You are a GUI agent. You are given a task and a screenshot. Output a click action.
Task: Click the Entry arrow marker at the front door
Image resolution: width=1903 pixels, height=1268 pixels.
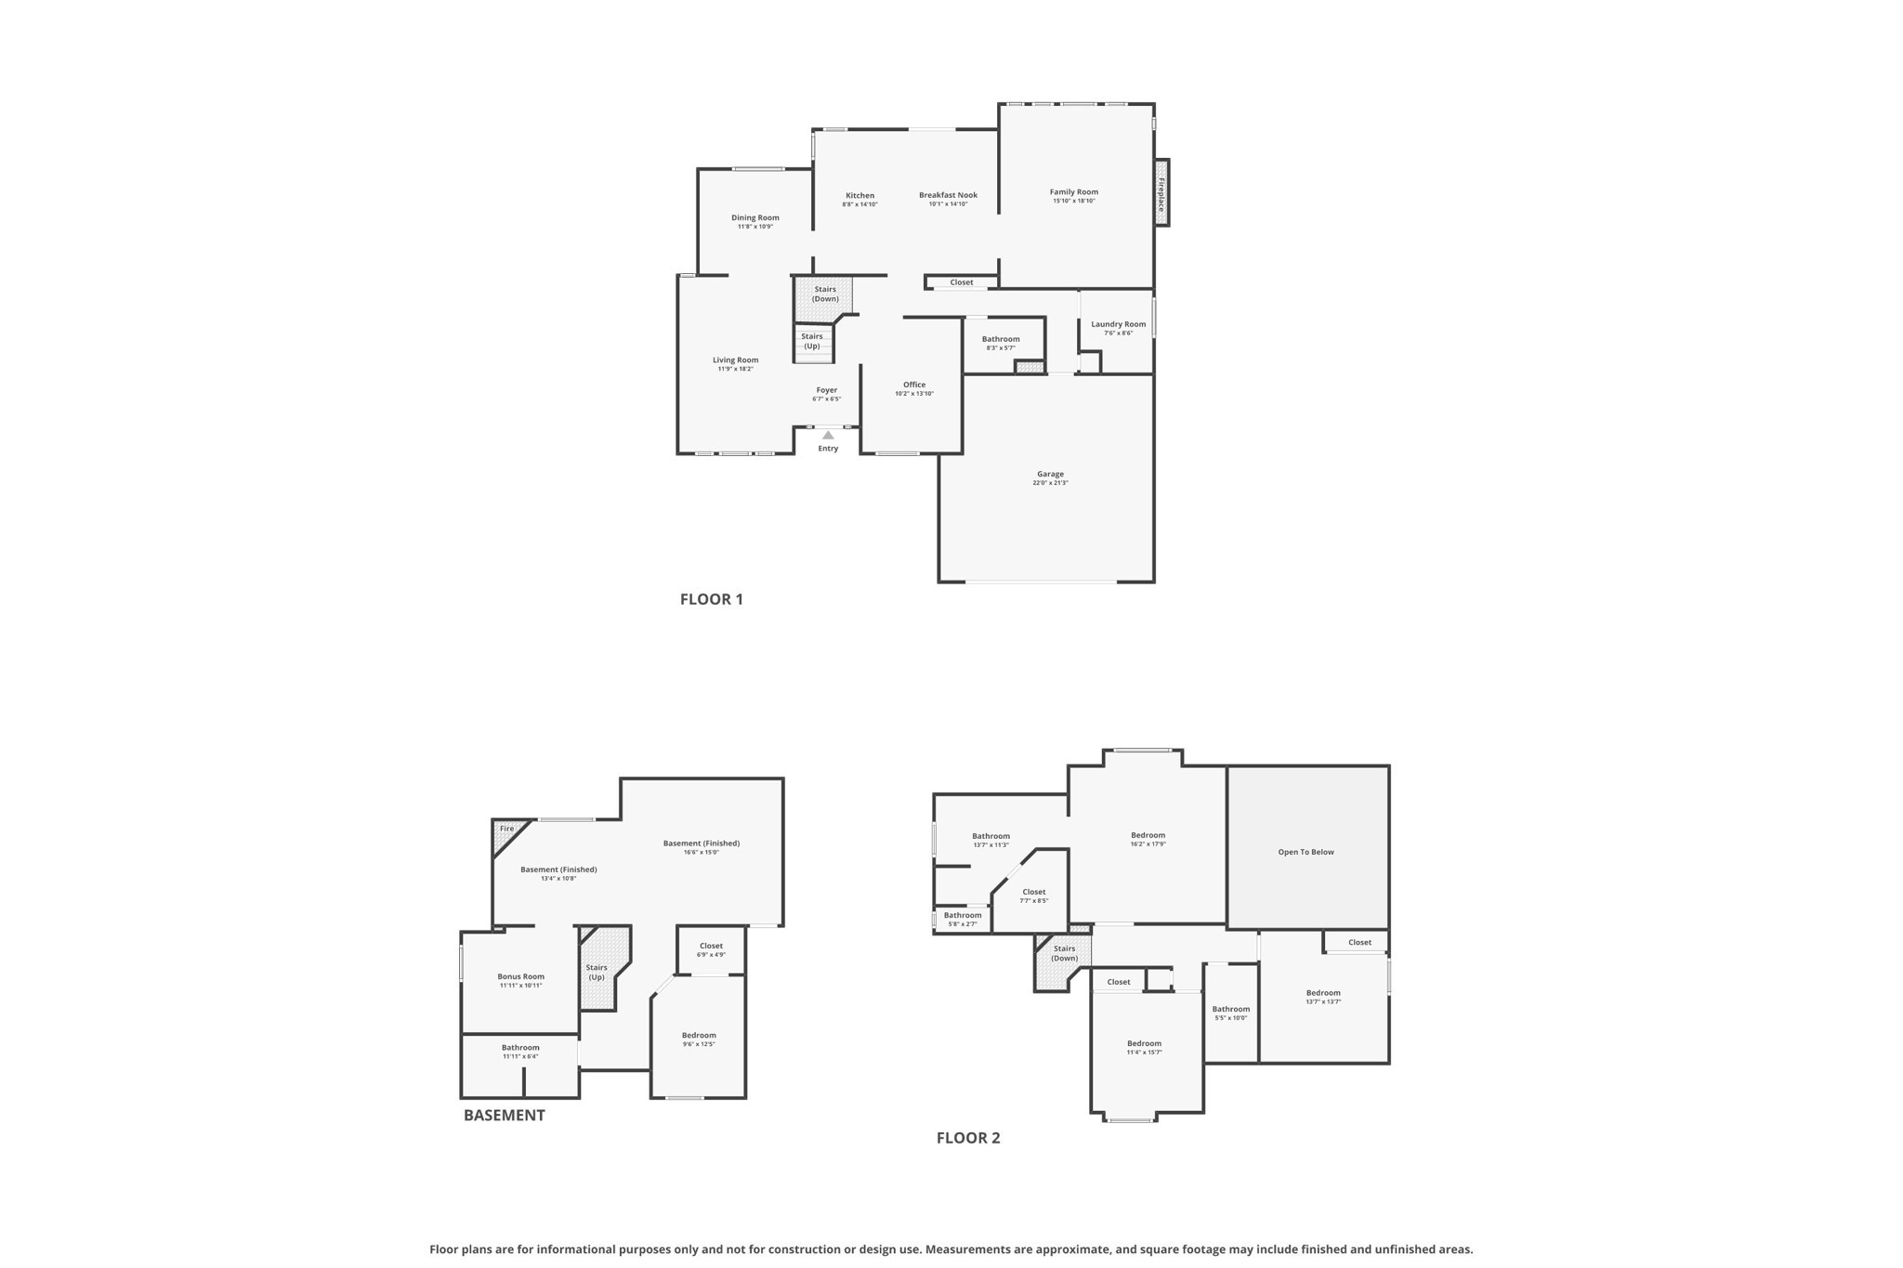(x=828, y=435)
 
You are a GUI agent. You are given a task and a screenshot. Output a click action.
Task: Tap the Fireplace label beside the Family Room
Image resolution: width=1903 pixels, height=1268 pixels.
(x=1161, y=193)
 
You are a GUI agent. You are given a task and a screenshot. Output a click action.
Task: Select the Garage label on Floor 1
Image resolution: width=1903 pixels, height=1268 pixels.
(x=1050, y=474)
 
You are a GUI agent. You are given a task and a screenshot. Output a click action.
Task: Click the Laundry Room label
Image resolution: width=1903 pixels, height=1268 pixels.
(x=1118, y=324)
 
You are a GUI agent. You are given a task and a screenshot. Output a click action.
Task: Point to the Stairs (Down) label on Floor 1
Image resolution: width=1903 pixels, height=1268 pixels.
(x=825, y=294)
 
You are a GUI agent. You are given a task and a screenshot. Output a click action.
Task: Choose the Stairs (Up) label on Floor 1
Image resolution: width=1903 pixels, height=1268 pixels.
(x=812, y=341)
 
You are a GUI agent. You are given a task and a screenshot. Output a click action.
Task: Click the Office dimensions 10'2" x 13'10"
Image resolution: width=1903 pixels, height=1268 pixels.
(x=914, y=394)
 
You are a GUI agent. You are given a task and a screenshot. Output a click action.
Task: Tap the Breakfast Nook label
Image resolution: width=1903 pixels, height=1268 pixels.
(x=948, y=195)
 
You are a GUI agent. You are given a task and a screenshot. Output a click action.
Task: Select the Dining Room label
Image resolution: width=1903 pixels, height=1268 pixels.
(x=755, y=217)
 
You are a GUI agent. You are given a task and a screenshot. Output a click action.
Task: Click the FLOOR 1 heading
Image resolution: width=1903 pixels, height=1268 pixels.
(x=712, y=599)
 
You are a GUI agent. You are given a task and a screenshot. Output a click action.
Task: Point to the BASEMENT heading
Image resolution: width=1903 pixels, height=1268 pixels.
(x=505, y=1115)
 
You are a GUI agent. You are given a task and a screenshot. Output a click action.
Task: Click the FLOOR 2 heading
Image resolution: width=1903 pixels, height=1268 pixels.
(x=968, y=1138)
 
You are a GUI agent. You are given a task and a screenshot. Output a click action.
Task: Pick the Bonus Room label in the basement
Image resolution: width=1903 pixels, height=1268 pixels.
(x=520, y=976)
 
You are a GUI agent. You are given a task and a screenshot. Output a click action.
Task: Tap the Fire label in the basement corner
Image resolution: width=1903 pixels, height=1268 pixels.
(x=506, y=829)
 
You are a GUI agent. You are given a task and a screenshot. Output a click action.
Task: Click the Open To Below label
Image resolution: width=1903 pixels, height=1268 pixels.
(x=1306, y=852)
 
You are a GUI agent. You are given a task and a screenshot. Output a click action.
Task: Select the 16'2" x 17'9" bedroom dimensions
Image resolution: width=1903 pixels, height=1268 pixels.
(x=1148, y=844)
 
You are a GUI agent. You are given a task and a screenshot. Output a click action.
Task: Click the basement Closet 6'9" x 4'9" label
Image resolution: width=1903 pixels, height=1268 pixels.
(x=711, y=946)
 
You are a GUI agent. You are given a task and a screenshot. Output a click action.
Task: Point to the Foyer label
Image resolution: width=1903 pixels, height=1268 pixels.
(x=827, y=390)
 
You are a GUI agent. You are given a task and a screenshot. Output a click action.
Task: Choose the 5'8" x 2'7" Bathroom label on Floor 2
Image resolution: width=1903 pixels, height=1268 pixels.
(x=963, y=915)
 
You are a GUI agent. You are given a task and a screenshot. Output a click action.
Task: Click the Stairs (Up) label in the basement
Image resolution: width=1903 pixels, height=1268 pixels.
(x=597, y=972)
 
